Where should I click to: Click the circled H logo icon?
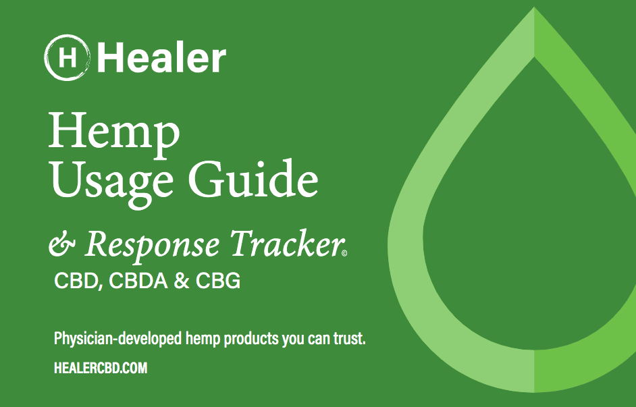click(x=67, y=57)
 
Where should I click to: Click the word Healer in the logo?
click(x=161, y=58)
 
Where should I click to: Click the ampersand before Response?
click(x=62, y=244)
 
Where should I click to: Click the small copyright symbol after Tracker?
click(x=344, y=254)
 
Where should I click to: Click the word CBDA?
click(x=138, y=281)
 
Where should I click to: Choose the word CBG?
click(x=218, y=281)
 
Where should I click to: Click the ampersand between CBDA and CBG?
click(x=182, y=281)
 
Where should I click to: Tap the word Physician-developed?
click(x=117, y=339)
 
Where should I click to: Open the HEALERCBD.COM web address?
click(x=101, y=368)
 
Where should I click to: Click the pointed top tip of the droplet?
click(x=534, y=7)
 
